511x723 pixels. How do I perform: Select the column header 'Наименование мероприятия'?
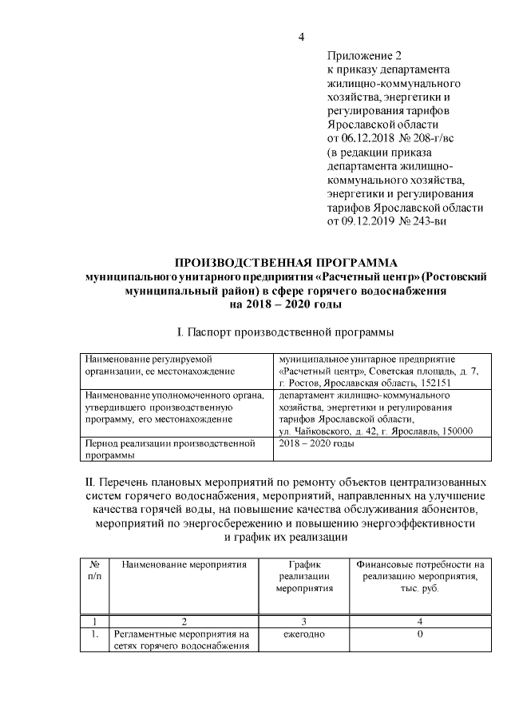(184, 565)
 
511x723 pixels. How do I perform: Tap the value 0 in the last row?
(419, 634)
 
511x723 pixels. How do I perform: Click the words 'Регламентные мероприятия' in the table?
(172, 634)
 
